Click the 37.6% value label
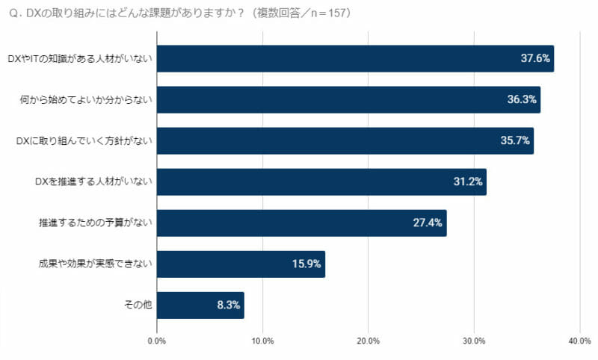[535, 58]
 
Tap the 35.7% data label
[517, 140]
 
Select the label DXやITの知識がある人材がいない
[79, 58]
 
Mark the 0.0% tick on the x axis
[157, 341]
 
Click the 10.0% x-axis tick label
[262, 341]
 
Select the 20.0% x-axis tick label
[369, 341]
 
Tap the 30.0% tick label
[474, 341]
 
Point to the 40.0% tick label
[579, 341]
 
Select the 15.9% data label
[307, 264]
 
